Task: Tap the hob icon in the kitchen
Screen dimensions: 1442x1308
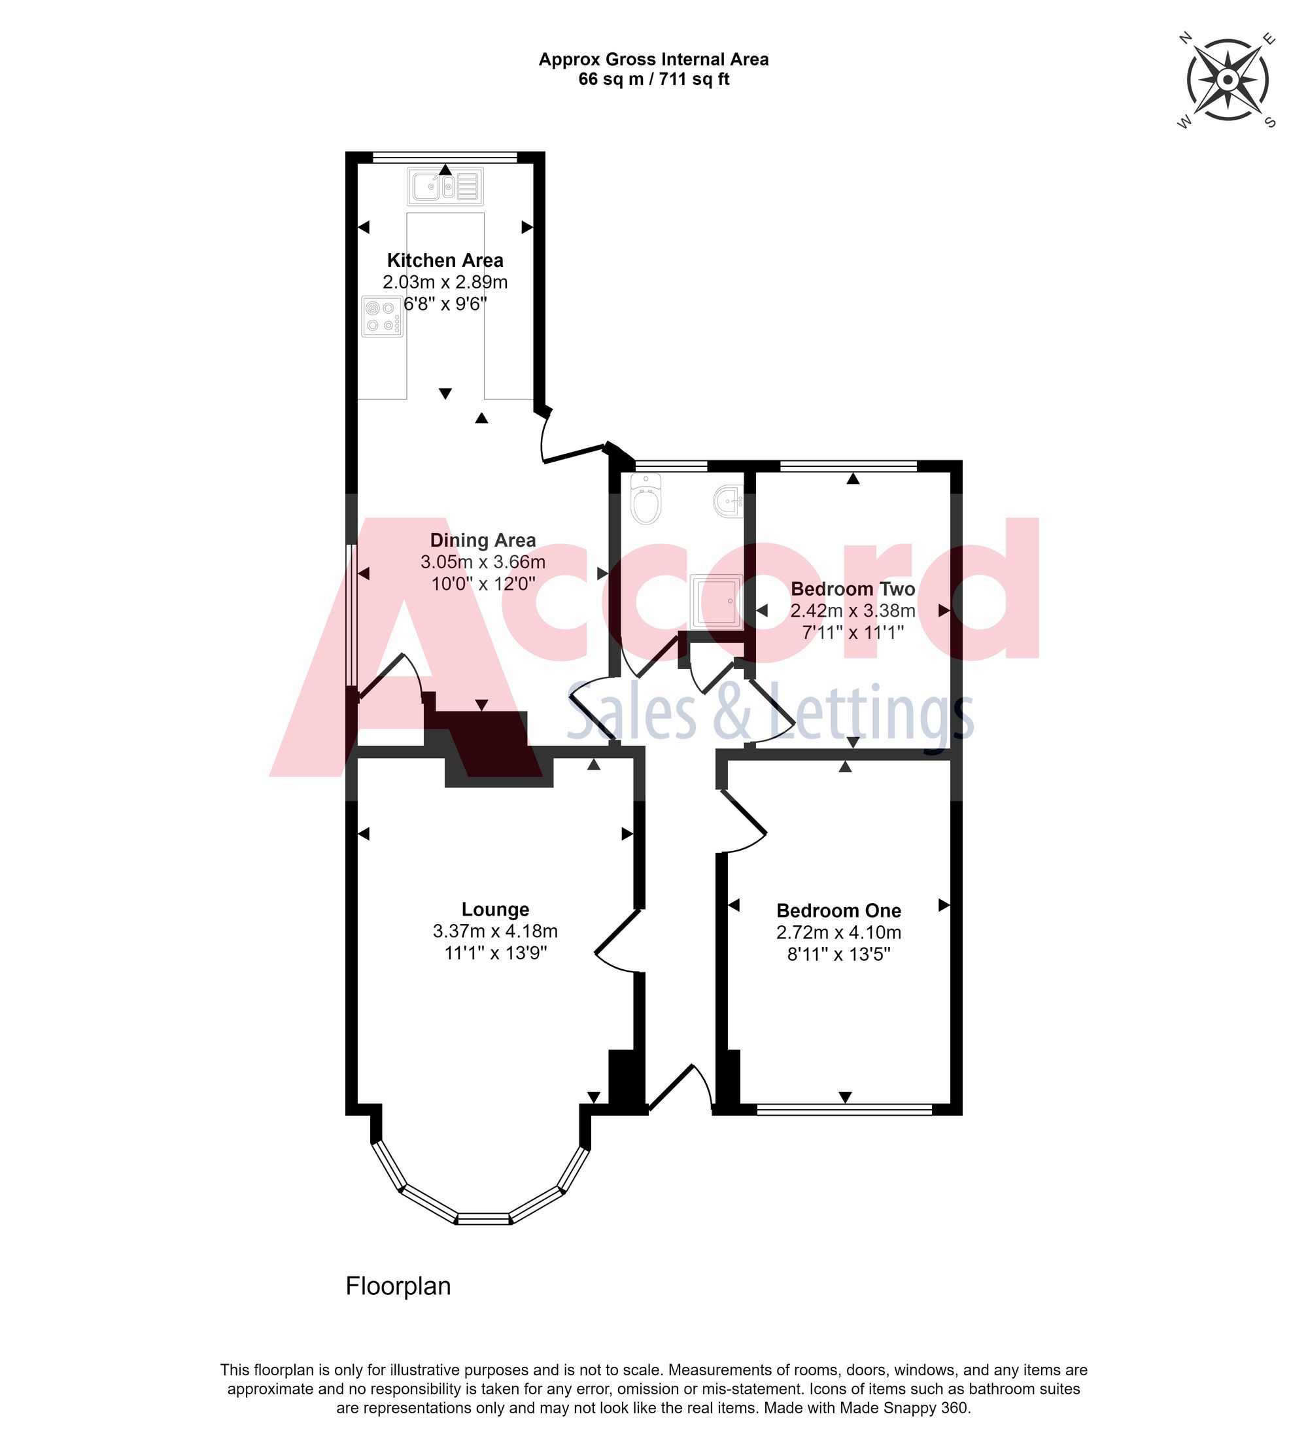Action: pos(382,316)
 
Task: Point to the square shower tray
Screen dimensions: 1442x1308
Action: pos(716,601)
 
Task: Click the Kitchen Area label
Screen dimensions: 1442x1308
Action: pos(445,260)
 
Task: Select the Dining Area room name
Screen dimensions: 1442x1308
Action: pos(483,540)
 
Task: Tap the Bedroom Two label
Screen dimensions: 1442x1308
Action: pos(852,589)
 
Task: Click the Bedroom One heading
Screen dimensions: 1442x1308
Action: pos(838,910)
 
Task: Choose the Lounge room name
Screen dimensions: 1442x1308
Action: pos(495,909)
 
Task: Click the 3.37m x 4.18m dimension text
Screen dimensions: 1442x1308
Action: pos(495,931)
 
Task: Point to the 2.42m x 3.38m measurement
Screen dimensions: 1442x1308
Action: pos(852,611)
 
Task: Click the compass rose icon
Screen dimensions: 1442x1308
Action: pos(1227,79)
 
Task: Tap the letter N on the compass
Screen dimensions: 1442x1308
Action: pos(1185,38)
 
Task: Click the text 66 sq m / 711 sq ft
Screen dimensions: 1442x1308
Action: pos(653,79)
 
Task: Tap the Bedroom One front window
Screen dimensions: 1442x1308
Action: pos(844,1109)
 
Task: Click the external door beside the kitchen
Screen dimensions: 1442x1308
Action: pos(572,444)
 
